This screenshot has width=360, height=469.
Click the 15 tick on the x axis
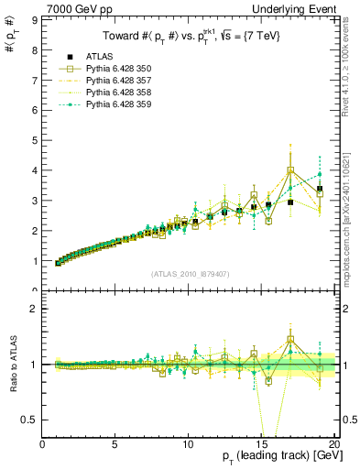[x=263, y=445]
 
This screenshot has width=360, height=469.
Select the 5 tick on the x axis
[x=115, y=445]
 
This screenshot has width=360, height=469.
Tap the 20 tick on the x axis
[x=335, y=445]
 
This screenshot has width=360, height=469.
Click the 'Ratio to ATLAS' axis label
[x=11, y=365]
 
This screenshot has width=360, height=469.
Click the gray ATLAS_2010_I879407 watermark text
[x=190, y=274]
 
